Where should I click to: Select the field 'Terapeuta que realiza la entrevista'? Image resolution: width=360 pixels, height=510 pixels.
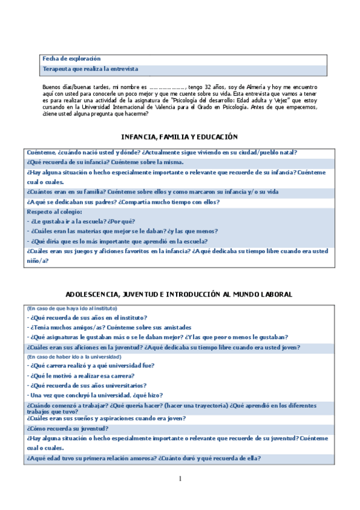click(x=90, y=69)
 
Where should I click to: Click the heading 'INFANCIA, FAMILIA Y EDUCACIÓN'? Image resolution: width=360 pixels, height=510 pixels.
click(x=180, y=137)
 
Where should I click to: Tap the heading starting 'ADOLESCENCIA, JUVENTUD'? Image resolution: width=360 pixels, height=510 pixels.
click(x=180, y=294)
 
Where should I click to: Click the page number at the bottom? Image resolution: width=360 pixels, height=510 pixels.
click(x=180, y=479)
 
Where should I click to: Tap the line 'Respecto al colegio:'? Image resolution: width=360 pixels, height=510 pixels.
click(x=55, y=212)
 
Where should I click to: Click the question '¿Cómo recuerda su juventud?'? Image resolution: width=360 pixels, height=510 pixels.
click(x=67, y=428)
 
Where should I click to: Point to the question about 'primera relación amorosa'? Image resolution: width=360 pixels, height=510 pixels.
click(x=144, y=458)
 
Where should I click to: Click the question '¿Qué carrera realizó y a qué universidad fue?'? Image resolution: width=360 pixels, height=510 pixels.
click(x=93, y=366)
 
